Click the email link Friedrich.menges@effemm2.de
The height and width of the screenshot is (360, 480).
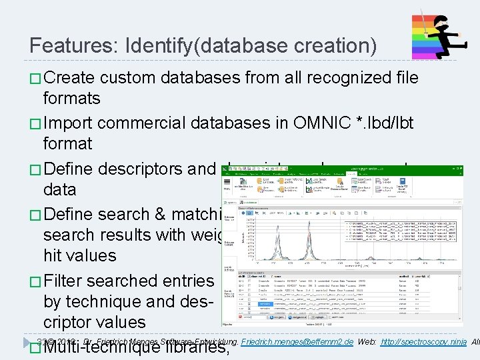pos(297,342)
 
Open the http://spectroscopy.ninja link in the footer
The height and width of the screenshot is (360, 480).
pos(423,342)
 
